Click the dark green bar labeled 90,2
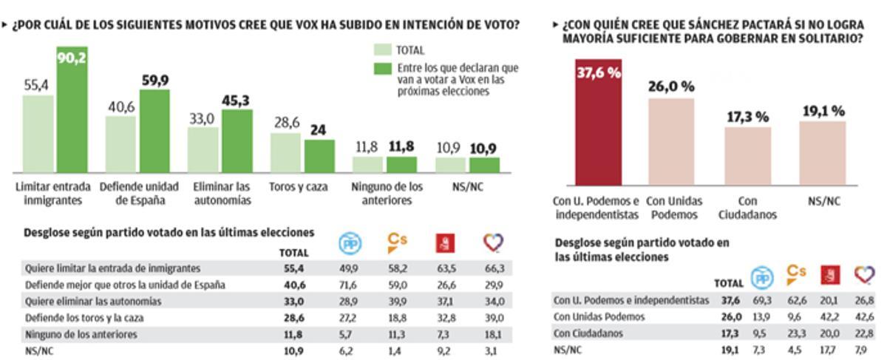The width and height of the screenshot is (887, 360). coord(72,111)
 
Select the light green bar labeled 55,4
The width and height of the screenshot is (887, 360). coord(38,134)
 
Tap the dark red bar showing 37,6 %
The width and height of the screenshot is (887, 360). coord(598,122)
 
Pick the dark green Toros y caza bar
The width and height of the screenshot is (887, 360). coord(319,156)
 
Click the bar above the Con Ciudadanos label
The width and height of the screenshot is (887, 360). coord(747,155)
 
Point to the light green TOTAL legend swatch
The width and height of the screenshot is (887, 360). coord(381,50)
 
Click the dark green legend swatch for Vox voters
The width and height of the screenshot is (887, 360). coord(381,68)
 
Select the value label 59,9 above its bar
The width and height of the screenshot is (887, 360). coord(156,81)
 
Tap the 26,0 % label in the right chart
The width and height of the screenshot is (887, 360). coord(671,86)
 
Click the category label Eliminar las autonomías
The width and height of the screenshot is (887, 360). coord(220,193)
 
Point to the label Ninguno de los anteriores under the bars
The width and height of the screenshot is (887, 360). coord(382,193)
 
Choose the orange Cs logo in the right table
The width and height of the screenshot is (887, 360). coord(795,275)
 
